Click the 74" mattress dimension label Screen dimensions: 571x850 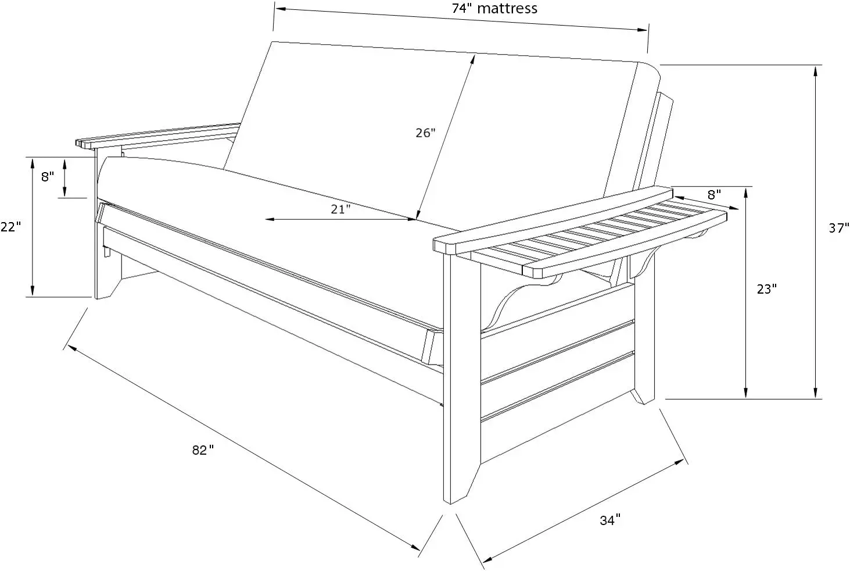coord(494,9)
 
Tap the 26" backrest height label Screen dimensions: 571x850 coord(425,133)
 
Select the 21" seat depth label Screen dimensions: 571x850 coord(340,209)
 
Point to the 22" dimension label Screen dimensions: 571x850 coord(10,227)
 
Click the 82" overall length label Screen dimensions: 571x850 coord(203,450)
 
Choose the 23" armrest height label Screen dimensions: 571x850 coord(766,288)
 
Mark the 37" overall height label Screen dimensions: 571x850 coord(838,229)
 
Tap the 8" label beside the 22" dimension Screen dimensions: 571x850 coord(47,177)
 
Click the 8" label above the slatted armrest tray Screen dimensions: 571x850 coord(714,194)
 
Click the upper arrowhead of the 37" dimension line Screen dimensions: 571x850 coord(816,70)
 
